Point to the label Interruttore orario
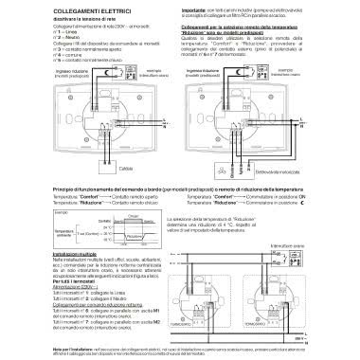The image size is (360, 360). pos(283,244)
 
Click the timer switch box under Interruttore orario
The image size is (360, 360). pos(283,257)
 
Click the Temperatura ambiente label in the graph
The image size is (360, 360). pos(37,229)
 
